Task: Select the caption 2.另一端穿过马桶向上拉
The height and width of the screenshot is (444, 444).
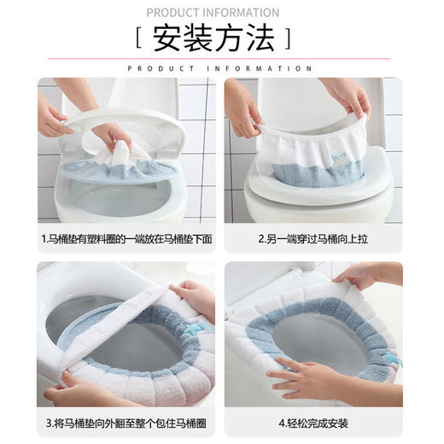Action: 313,239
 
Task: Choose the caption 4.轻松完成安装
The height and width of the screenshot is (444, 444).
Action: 313,424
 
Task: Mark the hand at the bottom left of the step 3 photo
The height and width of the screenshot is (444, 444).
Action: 68,392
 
